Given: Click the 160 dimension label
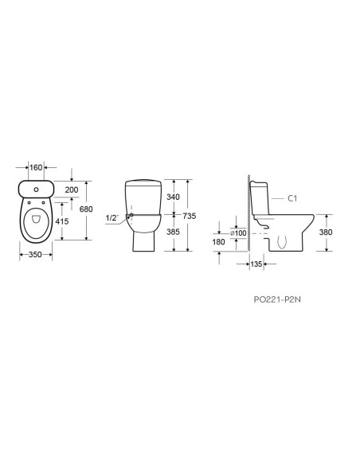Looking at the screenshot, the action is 36,167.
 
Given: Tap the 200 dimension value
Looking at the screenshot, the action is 72,190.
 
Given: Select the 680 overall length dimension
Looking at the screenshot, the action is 86,209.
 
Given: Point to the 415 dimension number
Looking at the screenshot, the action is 62,221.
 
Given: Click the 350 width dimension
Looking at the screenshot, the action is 35,255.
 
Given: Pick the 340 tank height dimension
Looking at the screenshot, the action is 173,197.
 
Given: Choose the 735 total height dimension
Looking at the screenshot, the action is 190,217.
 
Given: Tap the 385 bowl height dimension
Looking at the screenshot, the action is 173,232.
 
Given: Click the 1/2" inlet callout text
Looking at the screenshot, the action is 112,218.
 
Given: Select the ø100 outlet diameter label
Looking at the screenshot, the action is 239,233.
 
